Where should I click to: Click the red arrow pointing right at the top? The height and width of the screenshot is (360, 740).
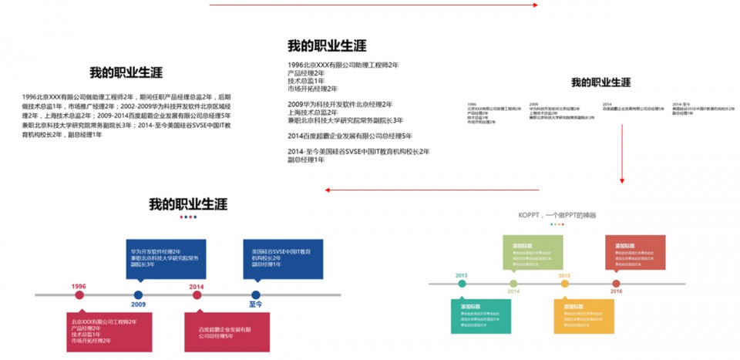374,5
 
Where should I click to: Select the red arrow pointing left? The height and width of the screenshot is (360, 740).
432,189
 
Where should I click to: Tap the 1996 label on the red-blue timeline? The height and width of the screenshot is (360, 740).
79,286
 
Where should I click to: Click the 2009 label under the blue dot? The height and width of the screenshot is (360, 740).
138,304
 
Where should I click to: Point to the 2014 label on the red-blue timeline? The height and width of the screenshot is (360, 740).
197,286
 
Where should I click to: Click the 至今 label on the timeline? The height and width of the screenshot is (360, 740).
256,304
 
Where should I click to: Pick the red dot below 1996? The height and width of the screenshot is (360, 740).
79,295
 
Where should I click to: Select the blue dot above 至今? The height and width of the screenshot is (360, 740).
256,294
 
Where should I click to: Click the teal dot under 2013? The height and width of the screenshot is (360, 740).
462,284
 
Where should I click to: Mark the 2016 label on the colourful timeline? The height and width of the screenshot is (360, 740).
617,291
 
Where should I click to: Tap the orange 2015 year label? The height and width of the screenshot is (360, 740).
564,275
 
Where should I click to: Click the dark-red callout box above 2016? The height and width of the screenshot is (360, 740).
634,253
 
